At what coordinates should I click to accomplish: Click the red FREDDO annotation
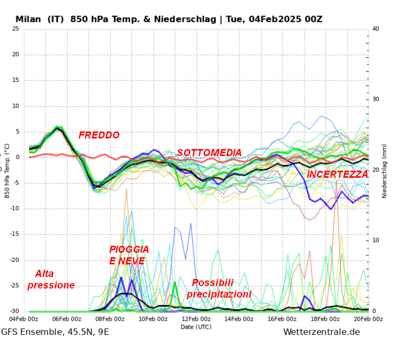[99, 135]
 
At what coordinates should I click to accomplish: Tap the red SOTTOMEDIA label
[209, 153]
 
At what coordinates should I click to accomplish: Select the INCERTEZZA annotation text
[337, 174]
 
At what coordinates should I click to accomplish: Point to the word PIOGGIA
[129, 249]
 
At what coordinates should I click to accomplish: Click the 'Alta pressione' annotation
[51, 279]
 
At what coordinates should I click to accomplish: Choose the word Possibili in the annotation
[213, 283]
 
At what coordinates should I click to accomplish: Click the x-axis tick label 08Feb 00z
[110, 319]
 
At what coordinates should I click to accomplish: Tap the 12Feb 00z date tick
[196, 319]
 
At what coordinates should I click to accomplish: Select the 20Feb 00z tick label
[368, 319]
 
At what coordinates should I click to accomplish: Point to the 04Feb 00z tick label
[24, 319]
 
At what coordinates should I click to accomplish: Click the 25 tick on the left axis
[15, 29]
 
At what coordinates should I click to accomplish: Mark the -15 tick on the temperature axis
[14, 234]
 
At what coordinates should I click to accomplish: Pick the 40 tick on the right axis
[375, 29]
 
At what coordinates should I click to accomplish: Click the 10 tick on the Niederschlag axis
[375, 240]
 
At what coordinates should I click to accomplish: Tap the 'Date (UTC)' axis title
[196, 327]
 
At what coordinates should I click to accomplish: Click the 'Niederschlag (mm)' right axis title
[384, 170]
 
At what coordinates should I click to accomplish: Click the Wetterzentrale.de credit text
[321, 332]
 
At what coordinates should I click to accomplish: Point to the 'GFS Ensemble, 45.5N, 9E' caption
[55, 332]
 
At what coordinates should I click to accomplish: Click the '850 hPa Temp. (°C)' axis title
[7, 170]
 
